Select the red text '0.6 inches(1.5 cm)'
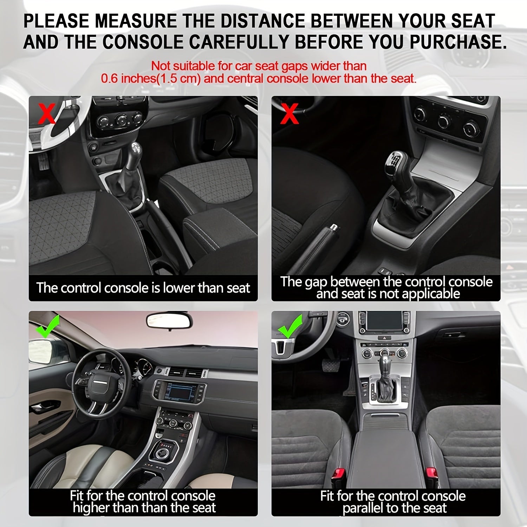151,78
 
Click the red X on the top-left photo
47,113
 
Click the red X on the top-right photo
289,113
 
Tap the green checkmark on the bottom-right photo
290,326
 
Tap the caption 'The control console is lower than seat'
143,288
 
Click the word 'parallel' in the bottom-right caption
366,508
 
